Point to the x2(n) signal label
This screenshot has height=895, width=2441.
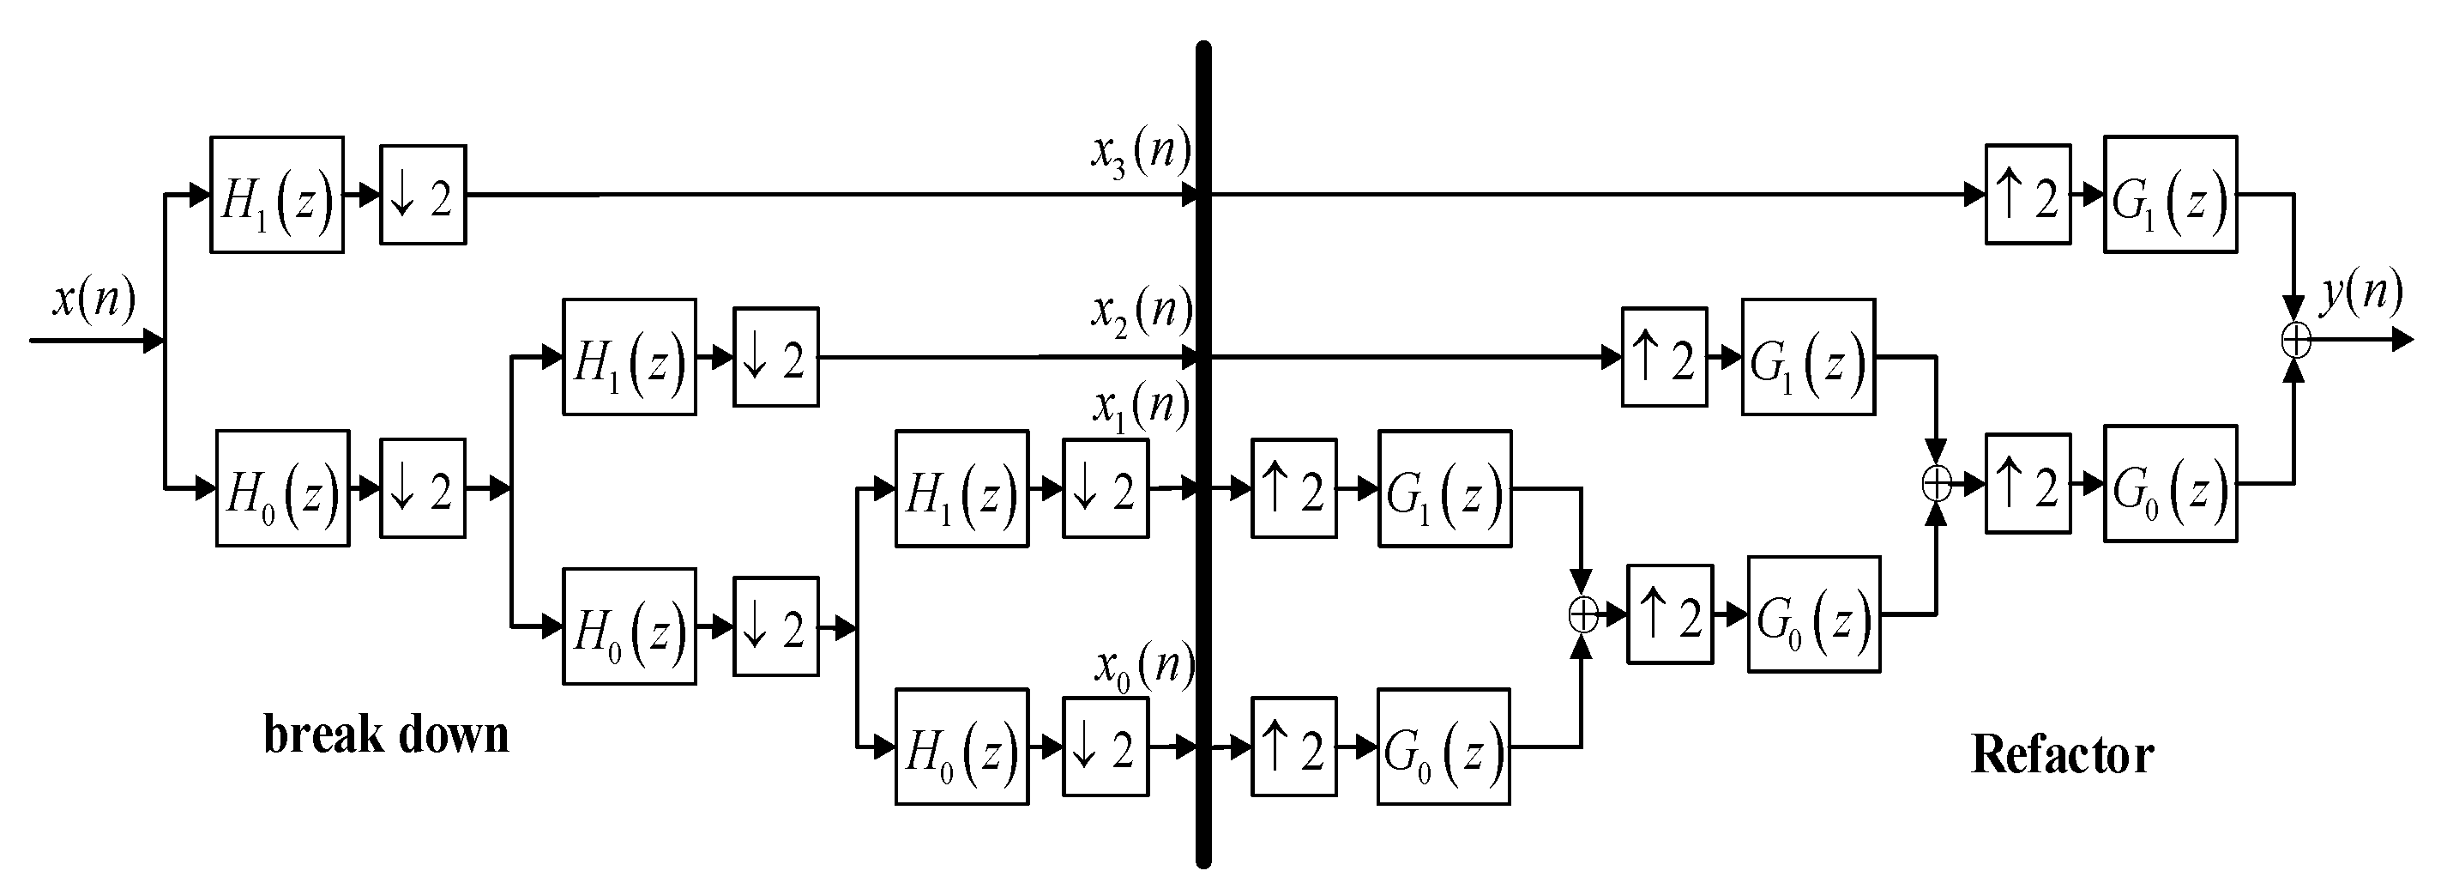pyautogui.click(x=1140, y=310)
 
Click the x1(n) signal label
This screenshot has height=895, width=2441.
pyautogui.click(x=1140, y=407)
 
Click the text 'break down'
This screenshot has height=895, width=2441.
pyautogui.click(x=386, y=735)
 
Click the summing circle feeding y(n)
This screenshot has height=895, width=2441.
pyautogui.click(x=2295, y=340)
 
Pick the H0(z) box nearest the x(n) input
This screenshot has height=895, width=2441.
pyautogui.click(x=282, y=488)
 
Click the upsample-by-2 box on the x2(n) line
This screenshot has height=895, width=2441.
pyautogui.click(x=1664, y=358)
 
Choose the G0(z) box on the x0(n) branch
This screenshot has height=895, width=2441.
pyautogui.click(x=1444, y=747)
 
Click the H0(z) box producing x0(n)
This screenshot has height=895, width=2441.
pyautogui.click(x=961, y=747)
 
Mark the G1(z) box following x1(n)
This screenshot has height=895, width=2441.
pyautogui.click(x=1444, y=489)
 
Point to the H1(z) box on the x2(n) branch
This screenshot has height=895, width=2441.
pyautogui.click(x=630, y=358)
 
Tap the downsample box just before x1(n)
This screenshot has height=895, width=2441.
pyautogui.click(x=1105, y=489)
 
